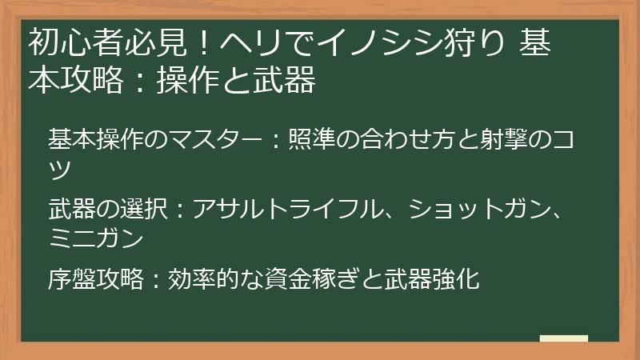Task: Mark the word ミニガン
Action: tap(97, 238)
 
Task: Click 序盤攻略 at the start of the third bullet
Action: tap(97, 279)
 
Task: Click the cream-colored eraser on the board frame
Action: tap(564, 338)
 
